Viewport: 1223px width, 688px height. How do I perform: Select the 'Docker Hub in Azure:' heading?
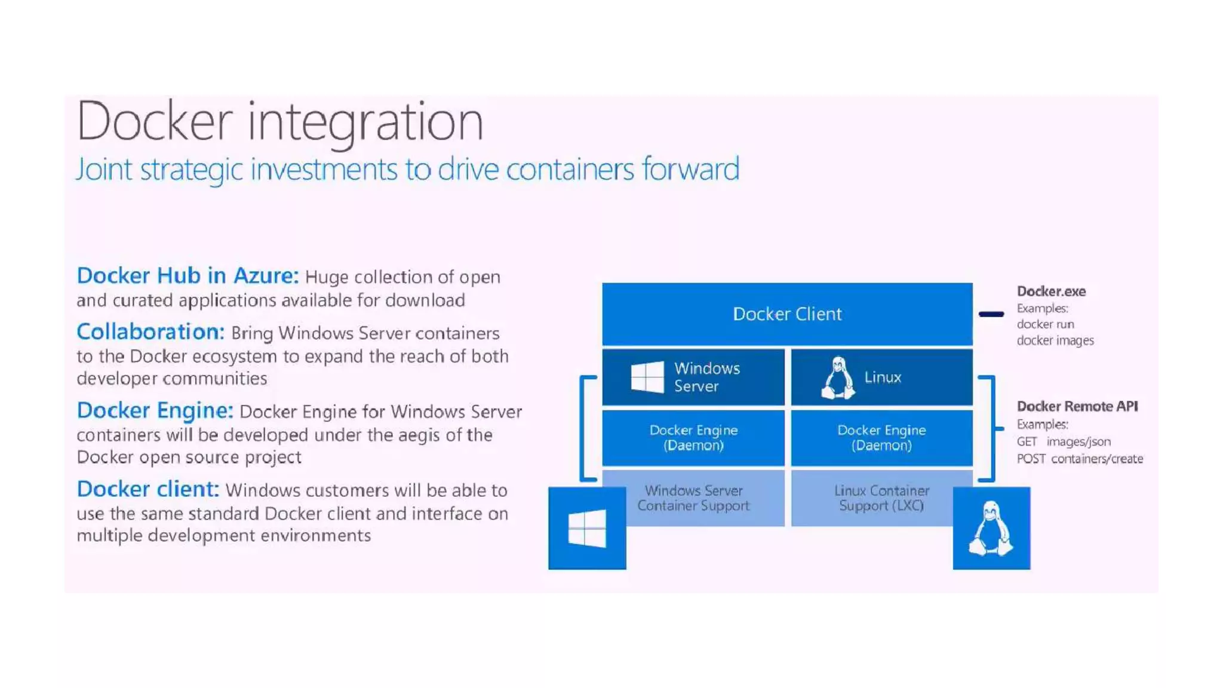pyautogui.click(x=187, y=276)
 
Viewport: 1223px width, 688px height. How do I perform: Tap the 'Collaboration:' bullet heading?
pyautogui.click(x=150, y=332)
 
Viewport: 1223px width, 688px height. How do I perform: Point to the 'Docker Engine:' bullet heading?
pyautogui.click(x=155, y=411)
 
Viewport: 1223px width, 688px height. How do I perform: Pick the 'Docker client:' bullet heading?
pyautogui.click(x=148, y=490)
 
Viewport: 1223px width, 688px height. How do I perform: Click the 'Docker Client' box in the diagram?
pyautogui.click(x=787, y=314)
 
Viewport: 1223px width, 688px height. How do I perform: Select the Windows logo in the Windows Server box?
pyautogui.click(x=647, y=377)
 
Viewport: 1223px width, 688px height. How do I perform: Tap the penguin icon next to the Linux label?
pyautogui.click(x=838, y=377)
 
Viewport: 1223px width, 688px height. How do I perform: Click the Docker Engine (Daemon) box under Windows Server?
pyautogui.click(x=693, y=438)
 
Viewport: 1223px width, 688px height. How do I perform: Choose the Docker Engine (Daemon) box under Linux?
pyautogui.click(x=881, y=438)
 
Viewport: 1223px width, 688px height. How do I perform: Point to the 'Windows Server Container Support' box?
pyautogui.click(x=693, y=498)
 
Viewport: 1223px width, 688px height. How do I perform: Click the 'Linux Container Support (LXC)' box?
pyautogui.click(x=881, y=498)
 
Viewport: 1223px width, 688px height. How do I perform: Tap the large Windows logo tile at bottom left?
pyautogui.click(x=587, y=529)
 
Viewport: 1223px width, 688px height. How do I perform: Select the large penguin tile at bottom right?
pyautogui.click(x=991, y=529)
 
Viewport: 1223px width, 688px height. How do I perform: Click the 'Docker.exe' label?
pyautogui.click(x=1051, y=291)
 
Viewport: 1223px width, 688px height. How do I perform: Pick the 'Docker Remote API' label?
pyautogui.click(x=1077, y=407)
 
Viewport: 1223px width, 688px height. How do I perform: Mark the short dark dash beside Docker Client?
pyautogui.click(x=991, y=314)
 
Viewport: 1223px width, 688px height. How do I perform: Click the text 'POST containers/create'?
pyautogui.click(x=1080, y=459)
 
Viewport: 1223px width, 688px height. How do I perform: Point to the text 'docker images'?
pyautogui.click(x=1055, y=340)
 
